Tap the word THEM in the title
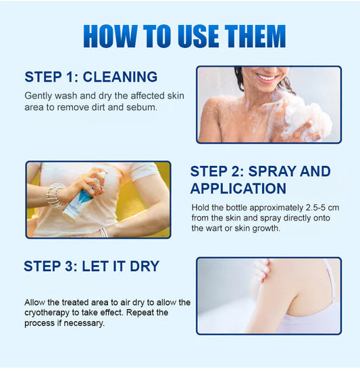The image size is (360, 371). tap(255, 36)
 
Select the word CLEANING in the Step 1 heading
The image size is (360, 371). tap(120, 77)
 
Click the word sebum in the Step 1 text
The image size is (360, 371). tap(142, 107)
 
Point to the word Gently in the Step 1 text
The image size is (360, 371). tap(38, 96)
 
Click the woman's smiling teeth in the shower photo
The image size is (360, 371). tap(265, 77)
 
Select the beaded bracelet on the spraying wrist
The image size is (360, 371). tap(55, 195)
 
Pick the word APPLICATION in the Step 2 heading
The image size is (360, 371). tap(238, 189)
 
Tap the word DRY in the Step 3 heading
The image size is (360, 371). tap(145, 266)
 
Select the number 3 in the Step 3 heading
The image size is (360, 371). tap(69, 266)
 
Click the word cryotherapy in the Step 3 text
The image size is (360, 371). tap(47, 313)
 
